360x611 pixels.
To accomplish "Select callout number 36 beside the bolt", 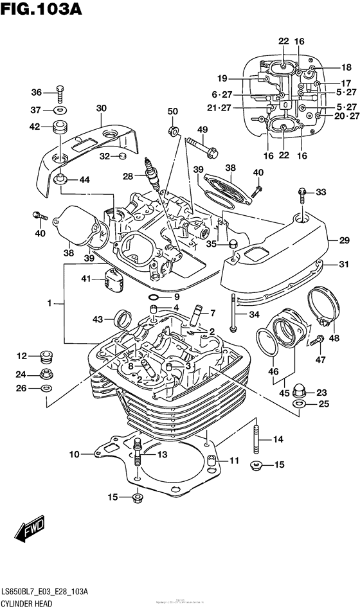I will coord(37,92).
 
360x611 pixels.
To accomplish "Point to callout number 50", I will coord(173,112).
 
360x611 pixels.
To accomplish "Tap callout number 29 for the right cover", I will coord(345,238).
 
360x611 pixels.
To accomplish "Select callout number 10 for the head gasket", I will coord(74,455).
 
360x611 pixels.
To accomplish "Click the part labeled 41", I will coord(111,278).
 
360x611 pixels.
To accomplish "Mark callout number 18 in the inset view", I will coord(346,67).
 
